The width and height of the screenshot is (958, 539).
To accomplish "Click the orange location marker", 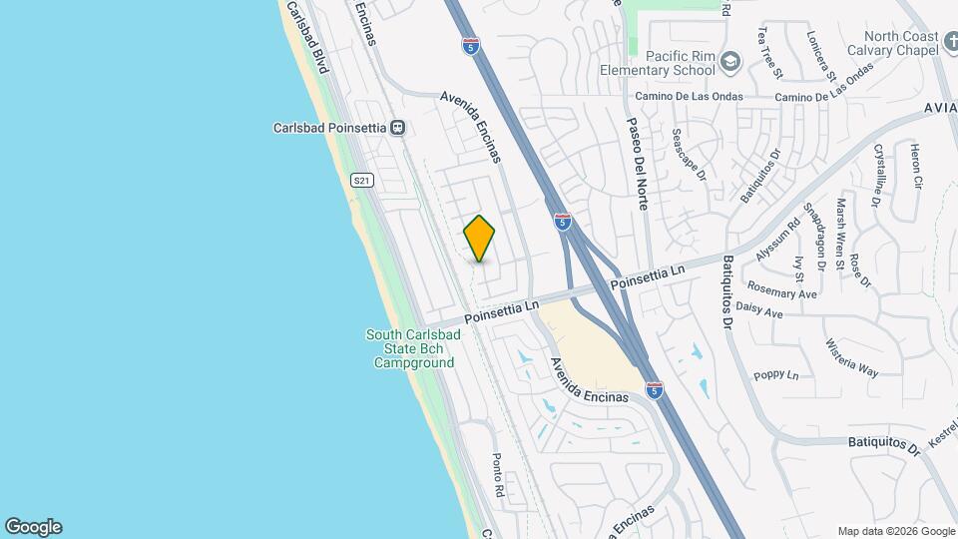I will (x=479, y=239).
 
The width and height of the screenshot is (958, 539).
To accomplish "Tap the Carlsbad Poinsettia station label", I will (x=330, y=128).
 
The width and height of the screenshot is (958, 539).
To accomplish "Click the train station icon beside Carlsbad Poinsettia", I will (x=398, y=128).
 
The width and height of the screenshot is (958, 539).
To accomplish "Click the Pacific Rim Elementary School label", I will (x=658, y=63).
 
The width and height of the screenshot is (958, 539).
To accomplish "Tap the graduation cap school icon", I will (x=731, y=62).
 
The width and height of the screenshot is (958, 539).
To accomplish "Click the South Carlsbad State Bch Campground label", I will (x=413, y=348).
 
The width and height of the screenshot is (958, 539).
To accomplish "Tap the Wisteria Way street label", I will (x=850, y=358).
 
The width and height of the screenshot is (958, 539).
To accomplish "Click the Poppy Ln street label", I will (x=776, y=375).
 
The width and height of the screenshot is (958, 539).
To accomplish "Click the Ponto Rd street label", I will (x=496, y=477).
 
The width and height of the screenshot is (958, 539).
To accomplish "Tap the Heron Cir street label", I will (x=916, y=167).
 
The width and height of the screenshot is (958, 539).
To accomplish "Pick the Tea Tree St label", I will (x=768, y=53).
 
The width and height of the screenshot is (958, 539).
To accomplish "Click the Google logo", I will (x=33, y=526).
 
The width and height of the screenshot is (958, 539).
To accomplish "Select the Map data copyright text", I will (x=894, y=531).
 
